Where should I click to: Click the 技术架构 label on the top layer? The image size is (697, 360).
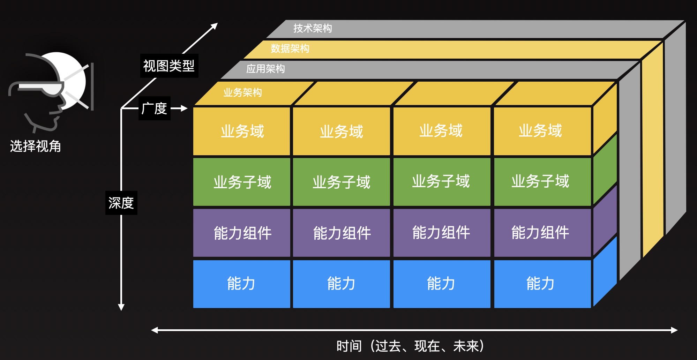tap(313, 28)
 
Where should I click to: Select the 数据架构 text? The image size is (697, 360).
tap(290, 48)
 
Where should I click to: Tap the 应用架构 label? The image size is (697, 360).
tap(265, 69)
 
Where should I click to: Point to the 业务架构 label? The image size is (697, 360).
tap(242, 92)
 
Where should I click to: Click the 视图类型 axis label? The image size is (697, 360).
tap(169, 66)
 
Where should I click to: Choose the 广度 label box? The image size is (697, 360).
tap(154, 108)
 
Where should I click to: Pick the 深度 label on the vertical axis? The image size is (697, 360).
tap(121, 203)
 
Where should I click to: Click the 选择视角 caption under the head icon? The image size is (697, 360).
tap(36, 146)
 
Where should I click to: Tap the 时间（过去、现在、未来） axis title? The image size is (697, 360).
tap(410, 346)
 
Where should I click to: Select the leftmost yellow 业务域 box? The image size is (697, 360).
tap(242, 131)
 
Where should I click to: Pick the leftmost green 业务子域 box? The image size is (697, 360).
tap(242, 182)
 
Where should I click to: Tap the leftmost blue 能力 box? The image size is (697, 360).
tap(242, 284)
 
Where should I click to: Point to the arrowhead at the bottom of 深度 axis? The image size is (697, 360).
tap(121, 307)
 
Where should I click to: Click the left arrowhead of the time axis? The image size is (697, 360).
tap(154, 330)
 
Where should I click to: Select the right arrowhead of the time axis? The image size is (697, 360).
tap(674, 330)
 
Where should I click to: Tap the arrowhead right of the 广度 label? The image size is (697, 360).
tap(184, 108)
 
